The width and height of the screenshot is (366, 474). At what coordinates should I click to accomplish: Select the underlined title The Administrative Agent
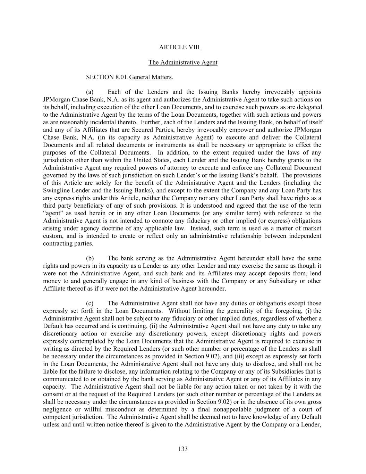point(183,63)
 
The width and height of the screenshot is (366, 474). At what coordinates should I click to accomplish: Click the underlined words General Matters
point(150,77)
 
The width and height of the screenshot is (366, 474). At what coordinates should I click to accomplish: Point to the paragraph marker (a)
point(90,92)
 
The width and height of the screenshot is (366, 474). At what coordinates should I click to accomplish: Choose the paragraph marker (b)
point(90,258)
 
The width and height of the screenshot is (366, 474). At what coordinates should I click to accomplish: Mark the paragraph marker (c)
point(90,303)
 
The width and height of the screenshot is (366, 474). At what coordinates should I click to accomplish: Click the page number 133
point(183,449)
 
